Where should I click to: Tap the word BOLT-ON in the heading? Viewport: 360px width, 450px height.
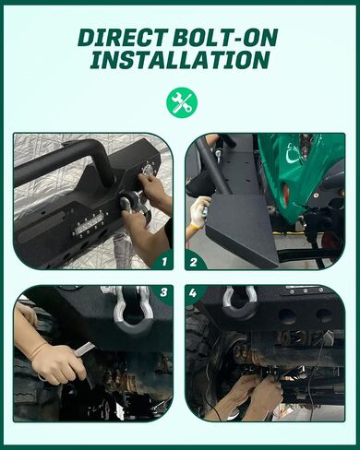225,37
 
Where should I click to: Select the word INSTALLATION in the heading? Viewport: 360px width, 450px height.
180,60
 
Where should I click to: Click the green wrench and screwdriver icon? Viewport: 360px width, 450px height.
182,103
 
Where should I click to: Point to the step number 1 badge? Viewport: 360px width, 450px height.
164,261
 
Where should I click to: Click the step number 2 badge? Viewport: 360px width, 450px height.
194,262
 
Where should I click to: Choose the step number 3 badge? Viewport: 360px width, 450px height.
163,292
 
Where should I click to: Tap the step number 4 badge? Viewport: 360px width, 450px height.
193,293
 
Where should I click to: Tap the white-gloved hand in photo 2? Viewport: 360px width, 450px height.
199,211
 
